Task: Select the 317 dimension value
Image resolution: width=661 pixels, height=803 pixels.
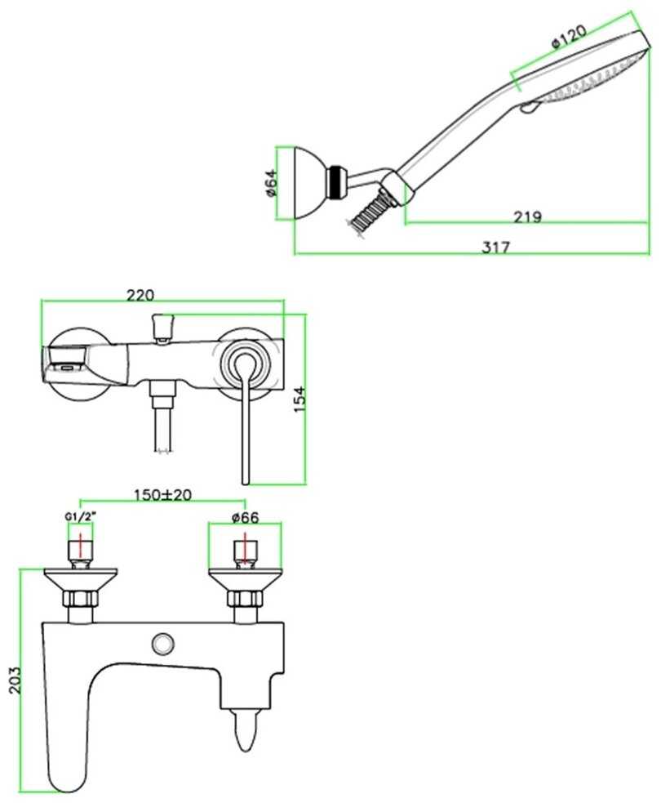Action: click(x=495, y=248)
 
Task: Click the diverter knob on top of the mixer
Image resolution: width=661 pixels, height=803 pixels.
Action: click(x=163, y=327)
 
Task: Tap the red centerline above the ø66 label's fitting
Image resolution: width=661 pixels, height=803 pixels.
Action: click(x=243, y=551)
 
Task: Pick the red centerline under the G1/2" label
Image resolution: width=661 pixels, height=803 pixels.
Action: click(x=79, y=551)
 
